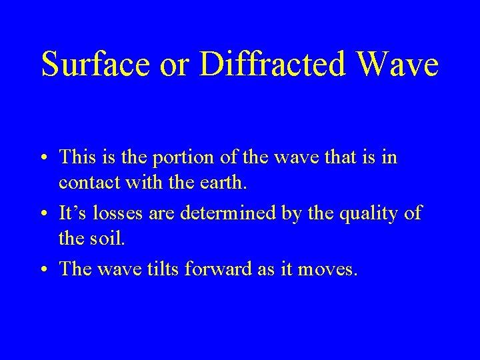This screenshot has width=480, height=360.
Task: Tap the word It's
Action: point(72,213)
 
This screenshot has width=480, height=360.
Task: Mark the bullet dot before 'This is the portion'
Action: point(43,158)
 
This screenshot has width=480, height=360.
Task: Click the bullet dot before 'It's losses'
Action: point(43,214)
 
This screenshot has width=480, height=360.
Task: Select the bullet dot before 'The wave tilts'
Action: point(43,270)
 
